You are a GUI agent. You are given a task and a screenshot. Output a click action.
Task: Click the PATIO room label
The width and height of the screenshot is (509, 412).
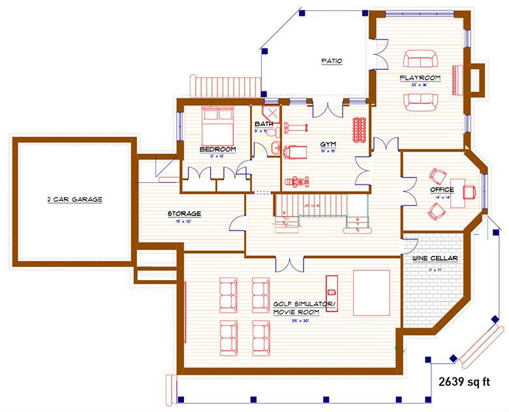click(332, 61)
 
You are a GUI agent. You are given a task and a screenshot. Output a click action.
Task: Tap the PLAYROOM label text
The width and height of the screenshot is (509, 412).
click(420, 78)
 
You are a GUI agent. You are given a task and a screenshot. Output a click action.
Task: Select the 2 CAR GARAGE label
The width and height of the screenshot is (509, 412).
click(74, 199)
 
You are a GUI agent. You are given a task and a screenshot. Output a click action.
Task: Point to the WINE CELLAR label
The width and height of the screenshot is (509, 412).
click(434, 259)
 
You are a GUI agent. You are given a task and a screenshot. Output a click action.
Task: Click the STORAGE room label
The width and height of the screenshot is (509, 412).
click(184, 214)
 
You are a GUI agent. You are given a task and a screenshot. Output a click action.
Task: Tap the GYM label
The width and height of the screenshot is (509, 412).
click(328, 144)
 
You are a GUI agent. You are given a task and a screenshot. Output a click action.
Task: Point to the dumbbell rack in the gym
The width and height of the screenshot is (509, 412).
click(357, 129)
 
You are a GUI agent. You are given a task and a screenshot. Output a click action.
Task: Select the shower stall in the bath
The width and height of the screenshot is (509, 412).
click(271, 114)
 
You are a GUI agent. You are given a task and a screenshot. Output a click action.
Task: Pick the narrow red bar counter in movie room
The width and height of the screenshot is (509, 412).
click(331, 293)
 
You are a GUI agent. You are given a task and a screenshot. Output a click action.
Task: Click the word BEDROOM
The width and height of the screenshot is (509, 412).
click(217, 150)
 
